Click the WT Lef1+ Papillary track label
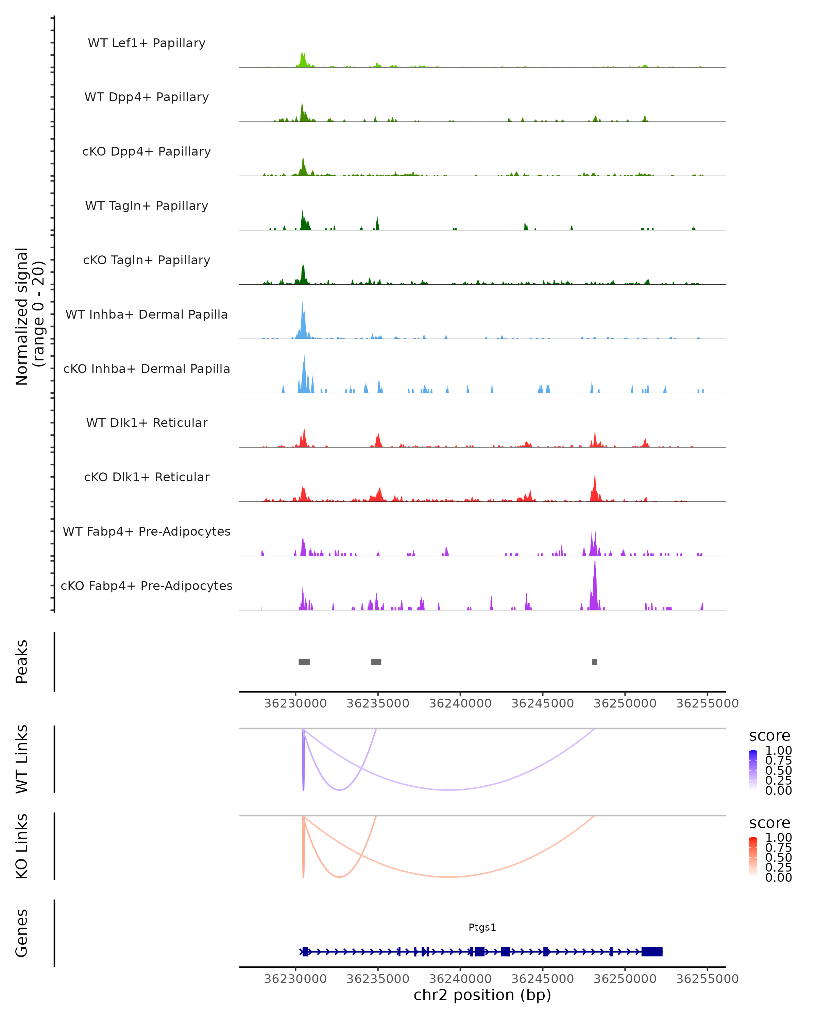point(147,43)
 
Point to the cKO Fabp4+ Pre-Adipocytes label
point(147,586)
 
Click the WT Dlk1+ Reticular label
point(147,423)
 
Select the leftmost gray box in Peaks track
point(304,662)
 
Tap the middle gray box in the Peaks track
point(376,662)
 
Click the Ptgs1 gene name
point(482,927)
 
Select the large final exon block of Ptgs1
point(652,952)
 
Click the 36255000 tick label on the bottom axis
point(707,979)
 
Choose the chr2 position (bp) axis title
point(482,995)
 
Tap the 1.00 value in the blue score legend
point(778,751)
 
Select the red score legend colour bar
point(753,857)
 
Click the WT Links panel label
point(22,759)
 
